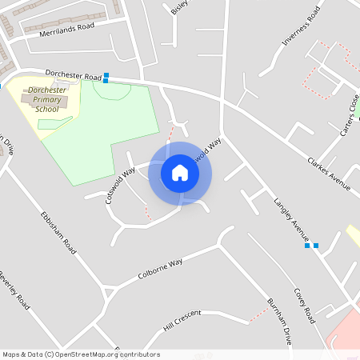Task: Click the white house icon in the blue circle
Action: (x=180, y=173)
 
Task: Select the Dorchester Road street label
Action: (x=71, y=72)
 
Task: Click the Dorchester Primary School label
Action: (x=48, y=99)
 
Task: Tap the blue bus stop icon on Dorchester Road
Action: (x=106, y=77)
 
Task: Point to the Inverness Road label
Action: (x=300, y=30)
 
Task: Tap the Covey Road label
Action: (x=304, y=305)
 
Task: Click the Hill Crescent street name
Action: (x=180, y=322)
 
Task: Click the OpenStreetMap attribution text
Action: (x=80, y=354)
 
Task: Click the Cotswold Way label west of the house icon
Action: (x=119, y=186)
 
